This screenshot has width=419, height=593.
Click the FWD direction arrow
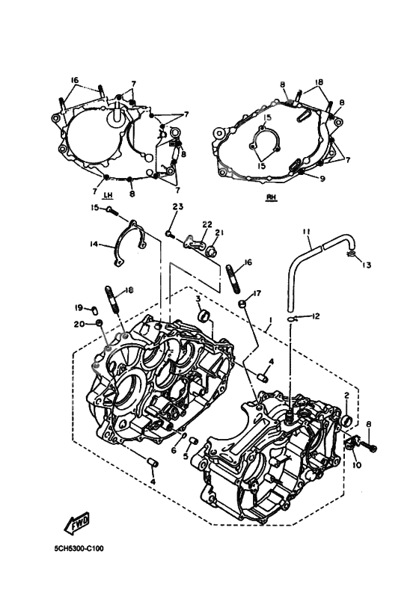pos(78,522)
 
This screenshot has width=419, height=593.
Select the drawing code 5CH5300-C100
pos(79,548)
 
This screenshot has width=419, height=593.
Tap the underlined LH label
pos(108,195)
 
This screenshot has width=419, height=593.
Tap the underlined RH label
pos(270,197)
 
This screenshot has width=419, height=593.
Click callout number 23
pos(178,206)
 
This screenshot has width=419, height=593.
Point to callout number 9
pos(322,179)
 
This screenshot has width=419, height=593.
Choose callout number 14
pos(94,245)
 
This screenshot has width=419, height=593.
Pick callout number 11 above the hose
pos(307,232)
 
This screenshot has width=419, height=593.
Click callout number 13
pos(366,265)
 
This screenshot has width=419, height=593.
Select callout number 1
pos(270,320)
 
